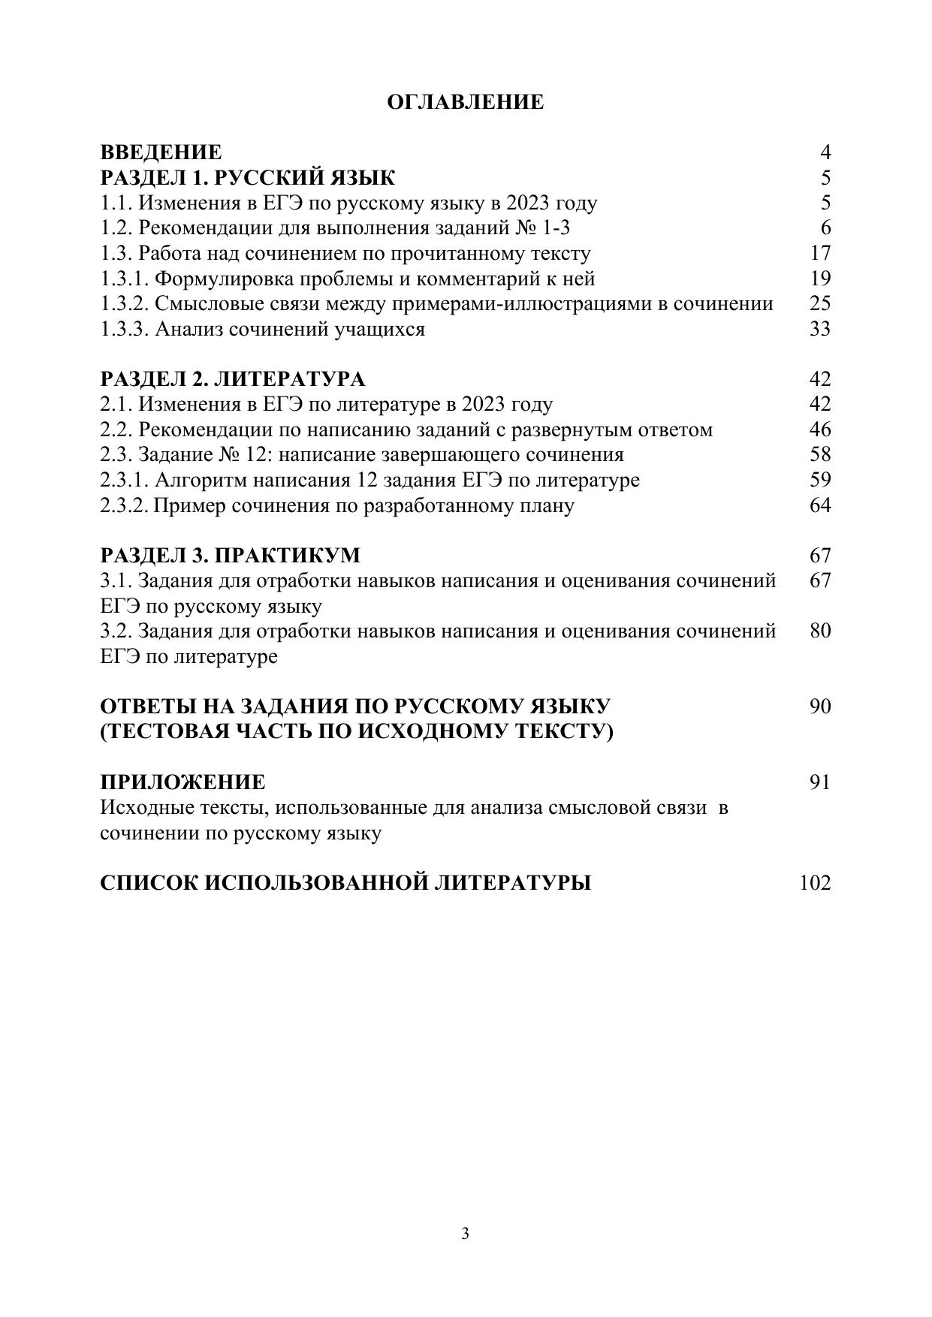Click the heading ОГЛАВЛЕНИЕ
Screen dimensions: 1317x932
[x=465, y=102]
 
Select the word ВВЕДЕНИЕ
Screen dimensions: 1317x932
[x=161, y=152]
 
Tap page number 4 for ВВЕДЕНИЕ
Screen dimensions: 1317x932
[x=825, y=152]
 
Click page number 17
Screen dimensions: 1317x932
[x=820, y=253]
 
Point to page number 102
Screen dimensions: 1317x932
[x=815, y=883]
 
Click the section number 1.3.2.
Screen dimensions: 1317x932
[x=125, y=303]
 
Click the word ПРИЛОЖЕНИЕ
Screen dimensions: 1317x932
[x=182, y=782]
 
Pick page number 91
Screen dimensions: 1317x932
[x=820, y=782]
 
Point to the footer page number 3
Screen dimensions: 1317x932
[x=466, y=1233]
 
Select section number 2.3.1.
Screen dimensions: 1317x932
[x=125, y=480]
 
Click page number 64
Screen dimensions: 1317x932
[x=820, y=505]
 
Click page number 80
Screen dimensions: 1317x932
[x=820, y=631]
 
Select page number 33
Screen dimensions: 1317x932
[x=820, y=329]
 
